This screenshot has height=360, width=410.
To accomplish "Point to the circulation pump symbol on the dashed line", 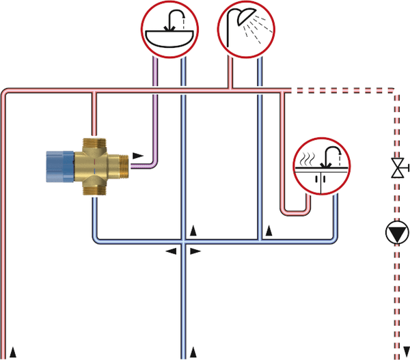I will [x=396, y=234].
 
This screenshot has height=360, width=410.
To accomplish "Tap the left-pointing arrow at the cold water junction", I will [x=170, y=251].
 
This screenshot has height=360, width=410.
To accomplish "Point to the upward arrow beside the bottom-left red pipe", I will [x=13, y=351].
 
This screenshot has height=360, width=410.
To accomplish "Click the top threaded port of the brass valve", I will [x=94, y=141].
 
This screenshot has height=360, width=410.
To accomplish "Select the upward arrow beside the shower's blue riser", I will [x=269, y=231].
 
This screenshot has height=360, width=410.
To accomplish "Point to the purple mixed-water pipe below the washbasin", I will [x=156, y=116].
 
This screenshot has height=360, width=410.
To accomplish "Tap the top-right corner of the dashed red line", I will [x=395, y=90].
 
